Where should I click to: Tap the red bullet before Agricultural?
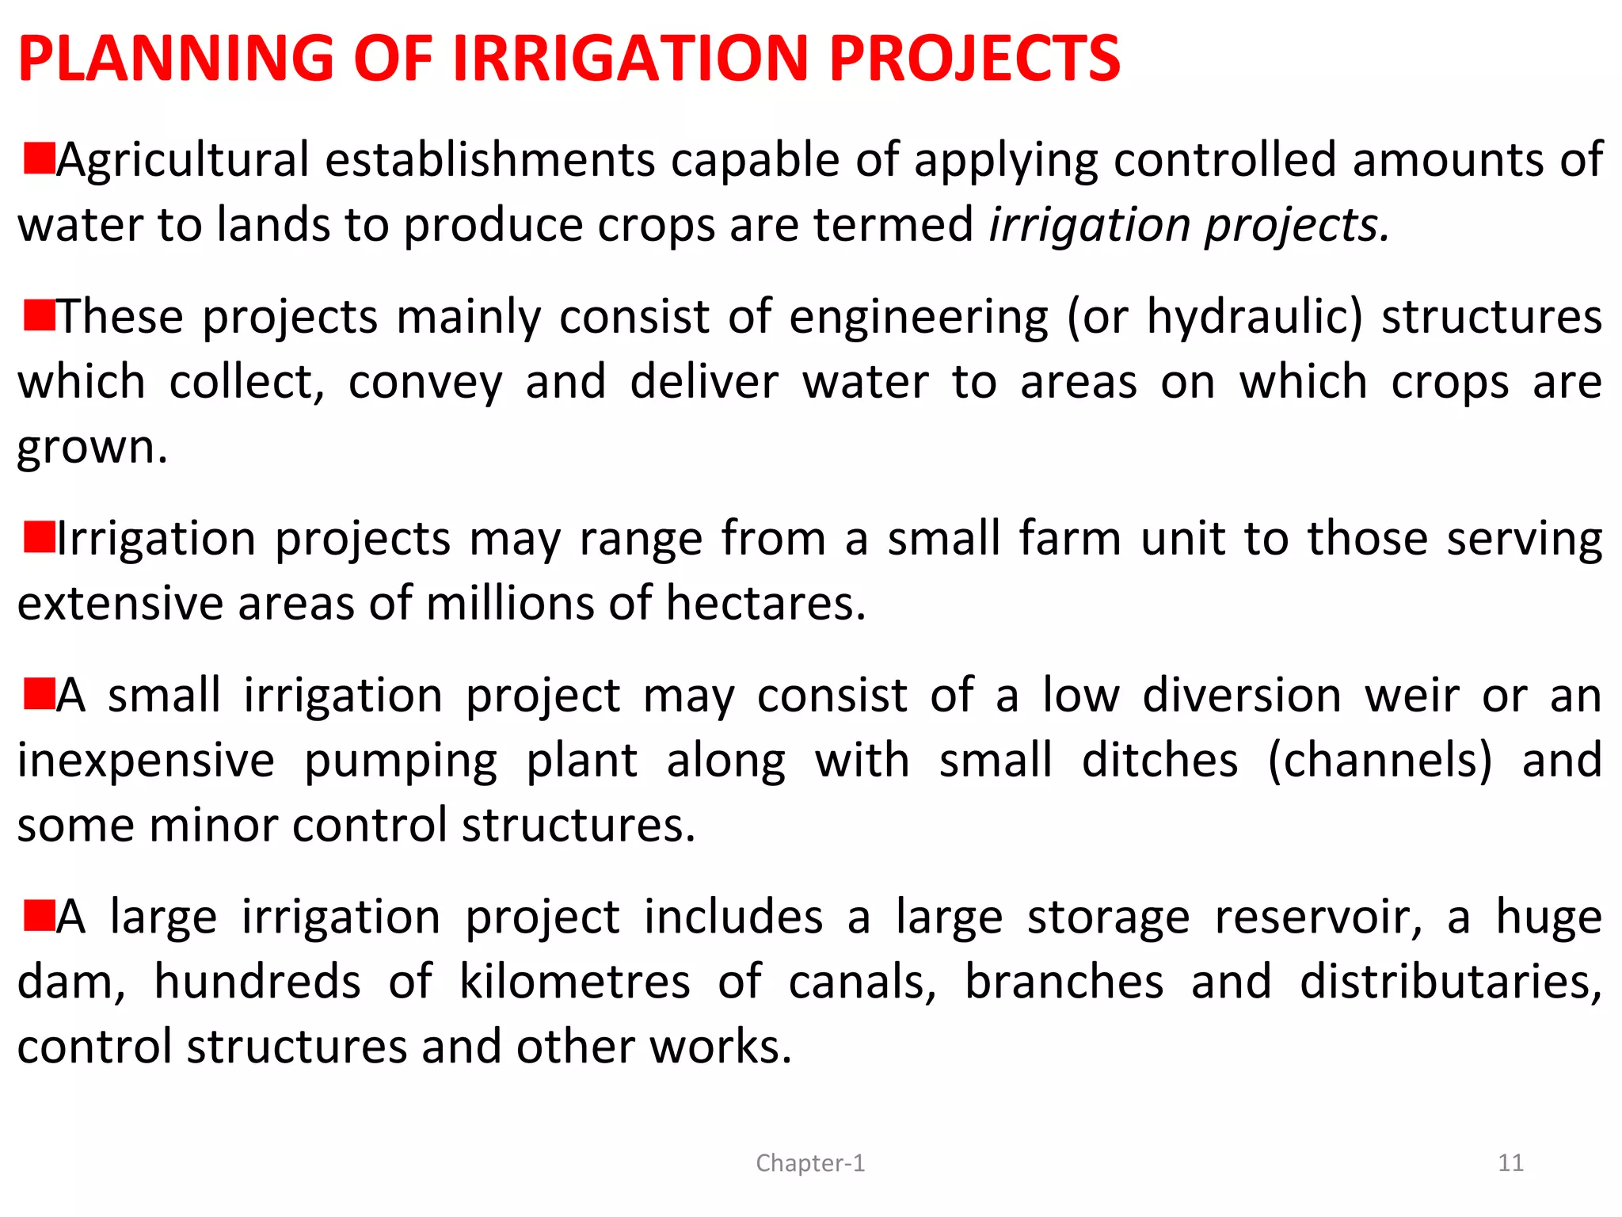(x=39, y=158)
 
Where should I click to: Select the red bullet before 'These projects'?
(x=39, y=315)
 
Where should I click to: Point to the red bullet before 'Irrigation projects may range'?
(x=39, y=537)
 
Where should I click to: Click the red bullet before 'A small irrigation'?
(x=39, y=693)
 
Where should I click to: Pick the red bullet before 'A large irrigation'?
(x=39, y=915)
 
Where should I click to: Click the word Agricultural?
(x=183, y=160)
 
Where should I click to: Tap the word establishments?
(x=490, y=160)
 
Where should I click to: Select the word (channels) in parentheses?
(x=1380, y=761)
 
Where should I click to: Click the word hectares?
(x=765, y=604)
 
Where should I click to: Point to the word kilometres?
(x=575, y=982)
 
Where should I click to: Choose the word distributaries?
(x=1450, y=982)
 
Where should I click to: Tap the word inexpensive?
(x=147, y=761)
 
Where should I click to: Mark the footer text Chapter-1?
(x=810, y=1163)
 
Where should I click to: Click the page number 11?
(x=1510, y=1163)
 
